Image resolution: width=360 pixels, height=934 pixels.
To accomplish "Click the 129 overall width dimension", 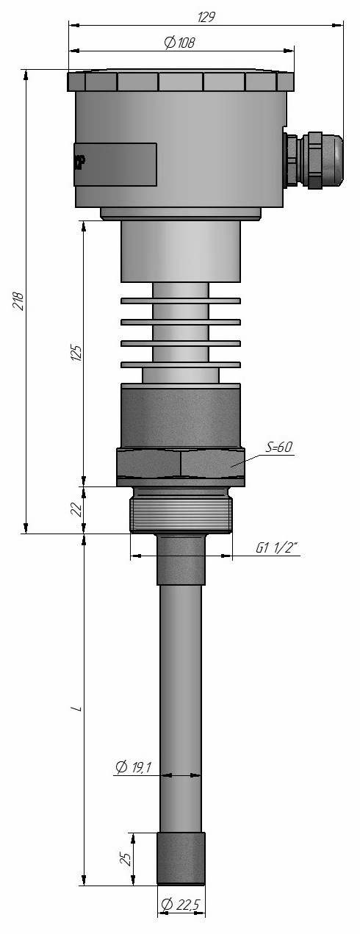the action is (206, 17).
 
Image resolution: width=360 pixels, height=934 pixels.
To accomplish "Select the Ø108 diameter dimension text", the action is (179, 43).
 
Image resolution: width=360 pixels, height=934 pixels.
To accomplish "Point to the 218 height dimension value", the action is (18, 301).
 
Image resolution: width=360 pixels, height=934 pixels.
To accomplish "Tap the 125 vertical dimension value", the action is (76, 353).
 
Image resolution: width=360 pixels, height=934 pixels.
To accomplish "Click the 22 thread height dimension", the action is (76, 509).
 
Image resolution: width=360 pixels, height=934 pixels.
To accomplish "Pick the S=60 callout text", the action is (279, 447).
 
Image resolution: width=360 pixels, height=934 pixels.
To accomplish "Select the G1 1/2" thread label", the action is (277, 548).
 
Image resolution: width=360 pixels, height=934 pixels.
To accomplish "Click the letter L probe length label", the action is (76, 708).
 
